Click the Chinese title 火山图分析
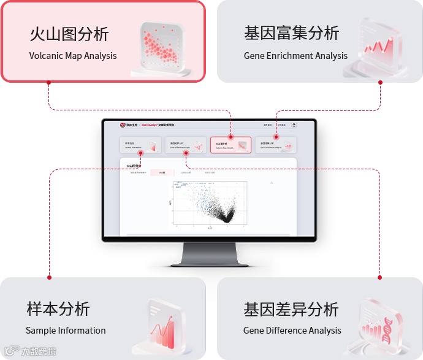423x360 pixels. tap(69, 34)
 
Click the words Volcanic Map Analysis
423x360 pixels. tap(73, 56)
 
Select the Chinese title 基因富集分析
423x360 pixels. tap(291, 33)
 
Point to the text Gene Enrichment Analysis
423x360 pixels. tap(295, 56)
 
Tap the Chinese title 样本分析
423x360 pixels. tap(58, 308)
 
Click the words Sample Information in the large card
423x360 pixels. tap(66, 331)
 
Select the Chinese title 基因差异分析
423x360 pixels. tap(291, 308)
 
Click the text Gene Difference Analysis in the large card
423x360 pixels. tap(292, 331)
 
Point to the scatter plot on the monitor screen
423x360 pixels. tap(208, 205)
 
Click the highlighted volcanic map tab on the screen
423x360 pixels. tap(231, 145)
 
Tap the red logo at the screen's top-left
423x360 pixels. tap(122, 125)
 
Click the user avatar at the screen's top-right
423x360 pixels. tap(294, 125)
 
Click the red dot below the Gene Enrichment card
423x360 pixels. tap(380, 81)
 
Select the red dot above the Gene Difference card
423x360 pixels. tap(380, 278)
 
